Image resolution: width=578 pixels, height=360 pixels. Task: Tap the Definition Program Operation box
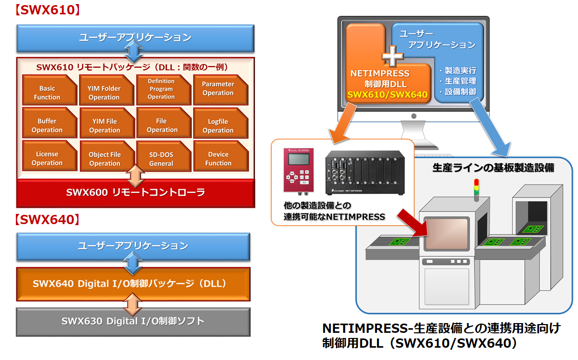point(161,89)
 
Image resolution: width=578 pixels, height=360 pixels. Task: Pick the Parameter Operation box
point(218,89)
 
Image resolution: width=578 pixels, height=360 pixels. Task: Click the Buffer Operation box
point(47,125)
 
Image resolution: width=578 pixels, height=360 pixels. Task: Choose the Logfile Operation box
point(218,126)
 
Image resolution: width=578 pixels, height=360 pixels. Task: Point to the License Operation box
point(47,158)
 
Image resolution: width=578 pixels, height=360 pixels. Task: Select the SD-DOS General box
point(161,158)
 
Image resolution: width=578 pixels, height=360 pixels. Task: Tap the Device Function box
point(218,158)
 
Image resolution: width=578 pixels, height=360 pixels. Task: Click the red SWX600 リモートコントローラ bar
point(135,193)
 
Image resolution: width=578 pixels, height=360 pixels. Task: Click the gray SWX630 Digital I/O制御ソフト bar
point(133,321)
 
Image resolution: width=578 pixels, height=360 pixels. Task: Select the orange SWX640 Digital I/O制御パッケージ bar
point(133,284)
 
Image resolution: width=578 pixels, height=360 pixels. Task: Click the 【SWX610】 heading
point(47,10)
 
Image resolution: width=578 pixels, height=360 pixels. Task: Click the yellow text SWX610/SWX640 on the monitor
point(387,94)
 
